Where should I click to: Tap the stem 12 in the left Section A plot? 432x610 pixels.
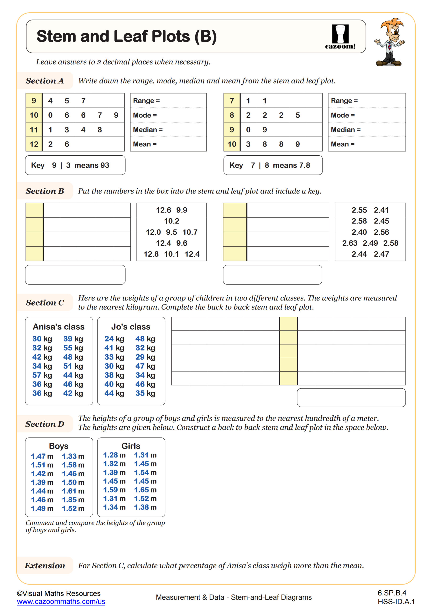click(x=34, y=144)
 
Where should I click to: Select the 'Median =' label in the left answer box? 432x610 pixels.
click(x=148, y=130)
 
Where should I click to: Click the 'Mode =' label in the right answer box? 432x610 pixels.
click(x=343, y=115)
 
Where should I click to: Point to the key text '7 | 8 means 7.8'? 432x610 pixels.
click(x=280, y=165)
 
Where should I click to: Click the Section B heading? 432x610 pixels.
click(x=45, y=191)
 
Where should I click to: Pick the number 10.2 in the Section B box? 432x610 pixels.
click(x=172, y=221)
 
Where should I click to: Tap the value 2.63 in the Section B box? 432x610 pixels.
click(x=349, y=243)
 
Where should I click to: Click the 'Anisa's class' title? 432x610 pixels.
click(x=58, y=327)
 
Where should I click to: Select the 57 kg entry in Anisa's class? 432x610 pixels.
click(x=42, y=375)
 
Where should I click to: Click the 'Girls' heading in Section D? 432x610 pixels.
click(x=131, y=446)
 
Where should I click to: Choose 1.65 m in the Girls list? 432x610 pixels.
click(x=145, y=490)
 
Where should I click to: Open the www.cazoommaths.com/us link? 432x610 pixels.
click(x=61, y=602)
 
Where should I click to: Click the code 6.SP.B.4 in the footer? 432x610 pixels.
click(x=391, y=593)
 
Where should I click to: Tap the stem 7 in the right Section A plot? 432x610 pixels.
click(x=232, y=101)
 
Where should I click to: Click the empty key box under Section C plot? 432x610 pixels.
click(x=351, y=398)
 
